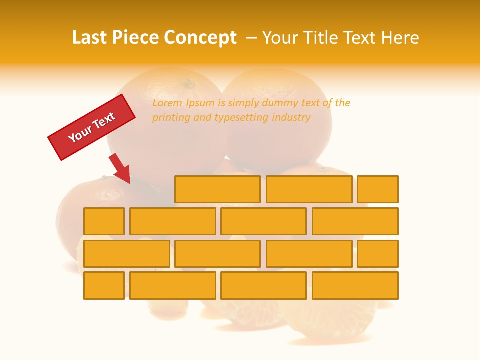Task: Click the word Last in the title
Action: (90, 38)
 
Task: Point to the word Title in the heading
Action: (323, 38)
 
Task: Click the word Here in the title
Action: (400, 38)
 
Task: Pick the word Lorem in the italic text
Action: (167, 103)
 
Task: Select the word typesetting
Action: (242, 118)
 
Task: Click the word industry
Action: (291, 118)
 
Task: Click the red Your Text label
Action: (92, 127)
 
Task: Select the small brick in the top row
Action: (378, 189)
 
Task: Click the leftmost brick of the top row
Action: (217, 189)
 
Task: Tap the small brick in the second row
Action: (104, 221)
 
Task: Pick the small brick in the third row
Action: (378, 253)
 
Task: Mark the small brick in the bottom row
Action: (104, 285)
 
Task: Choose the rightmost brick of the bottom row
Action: (355, 285)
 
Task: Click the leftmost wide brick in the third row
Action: (126, 253)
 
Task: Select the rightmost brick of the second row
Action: (355, 221)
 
